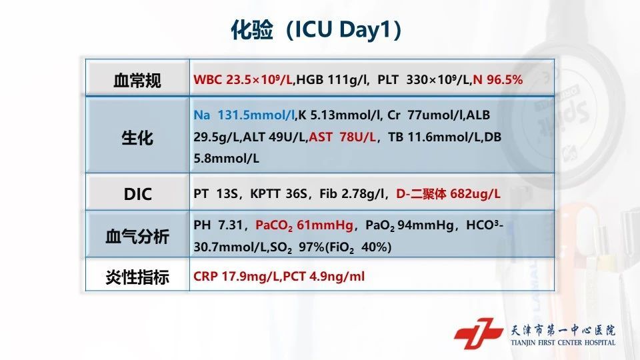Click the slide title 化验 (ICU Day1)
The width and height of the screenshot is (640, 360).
(316, 29)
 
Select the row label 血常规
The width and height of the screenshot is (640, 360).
(137, 81)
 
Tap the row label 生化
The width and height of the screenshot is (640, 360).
(137, 138)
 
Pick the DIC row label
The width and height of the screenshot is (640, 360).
(137, 194)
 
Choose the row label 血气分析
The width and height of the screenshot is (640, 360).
(137, 236)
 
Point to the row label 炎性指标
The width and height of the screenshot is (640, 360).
(137, 277)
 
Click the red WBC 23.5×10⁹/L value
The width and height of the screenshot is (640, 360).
(243, 79)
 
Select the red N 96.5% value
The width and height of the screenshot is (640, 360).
(497, 79)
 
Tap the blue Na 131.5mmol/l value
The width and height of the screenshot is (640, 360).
(244, 115)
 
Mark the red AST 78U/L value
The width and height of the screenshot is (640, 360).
(342, 137)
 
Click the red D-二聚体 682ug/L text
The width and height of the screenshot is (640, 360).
(448, 193)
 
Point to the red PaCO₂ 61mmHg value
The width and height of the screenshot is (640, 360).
(304, 225)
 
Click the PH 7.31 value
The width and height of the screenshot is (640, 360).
(218, 225)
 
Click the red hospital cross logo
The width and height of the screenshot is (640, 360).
(478, 333)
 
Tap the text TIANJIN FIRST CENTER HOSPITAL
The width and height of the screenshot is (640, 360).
(563, 343)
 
